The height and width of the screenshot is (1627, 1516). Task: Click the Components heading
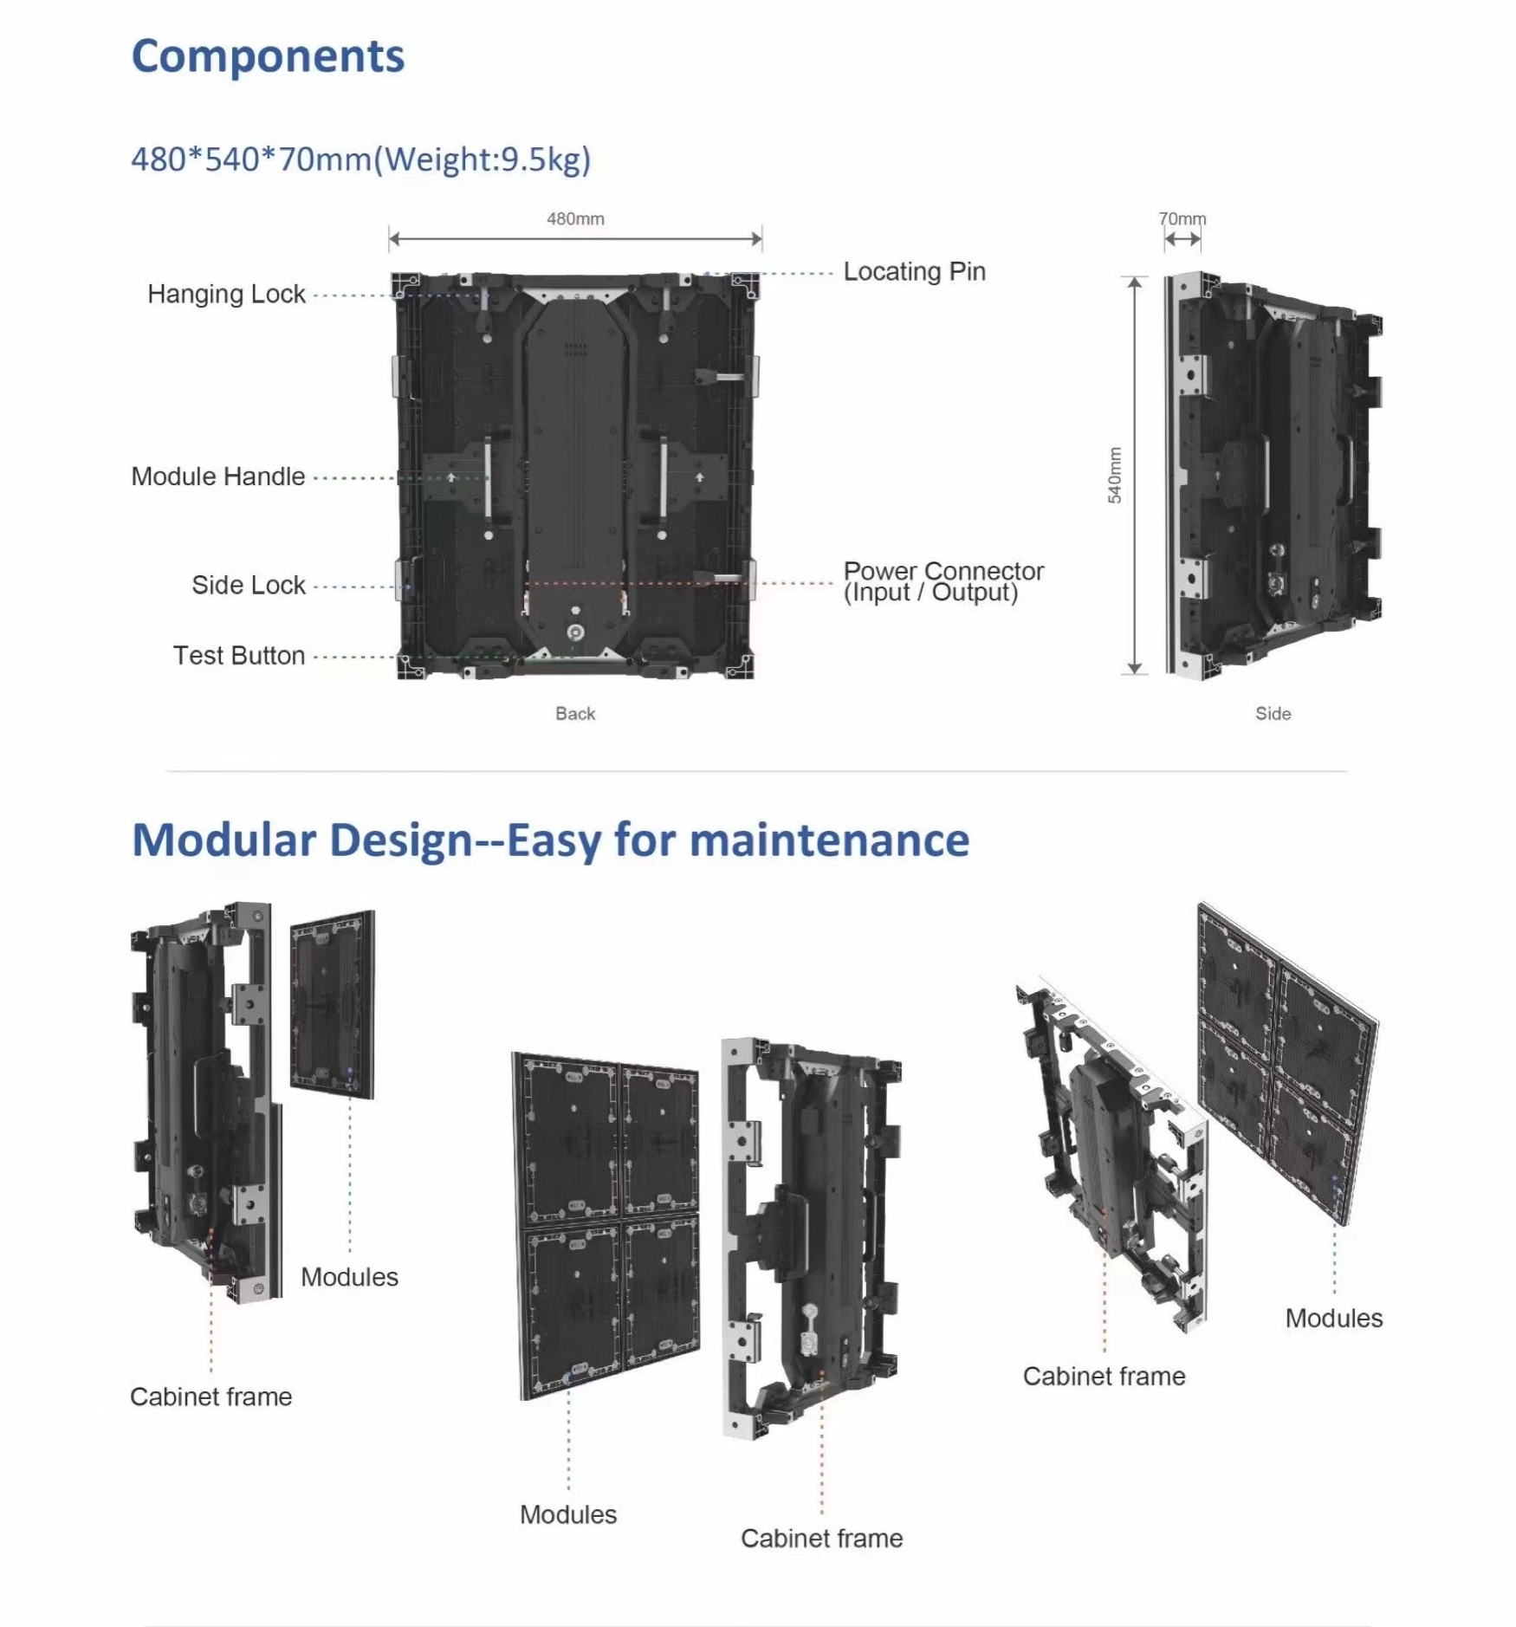268,57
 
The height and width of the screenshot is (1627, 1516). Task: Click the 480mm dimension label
575,219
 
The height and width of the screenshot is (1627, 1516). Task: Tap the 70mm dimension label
1182,219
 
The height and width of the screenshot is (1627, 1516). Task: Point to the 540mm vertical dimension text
1115,475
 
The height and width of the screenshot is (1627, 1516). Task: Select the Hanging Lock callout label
226,295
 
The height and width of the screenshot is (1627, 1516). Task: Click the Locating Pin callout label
914,272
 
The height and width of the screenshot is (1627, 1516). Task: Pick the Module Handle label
218,476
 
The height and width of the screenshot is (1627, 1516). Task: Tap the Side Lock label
249,586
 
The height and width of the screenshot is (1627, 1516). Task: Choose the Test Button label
239,656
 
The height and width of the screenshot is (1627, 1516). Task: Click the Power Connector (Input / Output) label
943,582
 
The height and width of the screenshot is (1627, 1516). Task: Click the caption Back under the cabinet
575,714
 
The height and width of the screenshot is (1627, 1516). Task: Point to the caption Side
1273,714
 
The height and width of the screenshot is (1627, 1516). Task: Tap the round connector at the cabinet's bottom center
575,633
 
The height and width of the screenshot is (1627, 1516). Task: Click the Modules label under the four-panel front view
568,1514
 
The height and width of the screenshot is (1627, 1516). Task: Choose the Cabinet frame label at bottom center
821,1539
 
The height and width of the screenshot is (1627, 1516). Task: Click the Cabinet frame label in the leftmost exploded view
211,1397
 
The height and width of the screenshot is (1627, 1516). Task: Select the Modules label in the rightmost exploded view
1333,1319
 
